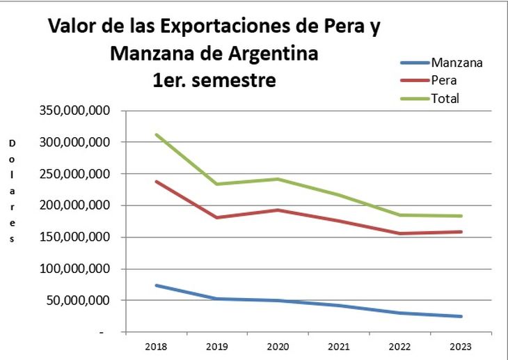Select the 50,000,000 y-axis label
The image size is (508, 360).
pyautogui.click(x=77, y=301)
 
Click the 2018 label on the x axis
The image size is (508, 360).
pyautogui.click(x=156, y=347)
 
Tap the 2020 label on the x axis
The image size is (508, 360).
pyautogui.click(x=278, y=347)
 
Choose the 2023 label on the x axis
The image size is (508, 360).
pyautogui.click(x=461, y=347)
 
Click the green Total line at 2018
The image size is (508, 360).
pyautogui.click(x=156, y=135)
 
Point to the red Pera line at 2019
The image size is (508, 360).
pyautogui.click(x=217, y=218)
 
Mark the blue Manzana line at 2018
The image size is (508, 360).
pyautogui.click(x=156, y=285)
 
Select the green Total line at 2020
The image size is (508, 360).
pyautogui.click(x=278, y=179)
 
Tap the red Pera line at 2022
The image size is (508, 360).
pyautogui.click(x=400, y=233)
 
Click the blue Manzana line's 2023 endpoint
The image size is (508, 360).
pyautogui.click(x=461, y=316)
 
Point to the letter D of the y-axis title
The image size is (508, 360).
pyautogui.click(x=13, y=143)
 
